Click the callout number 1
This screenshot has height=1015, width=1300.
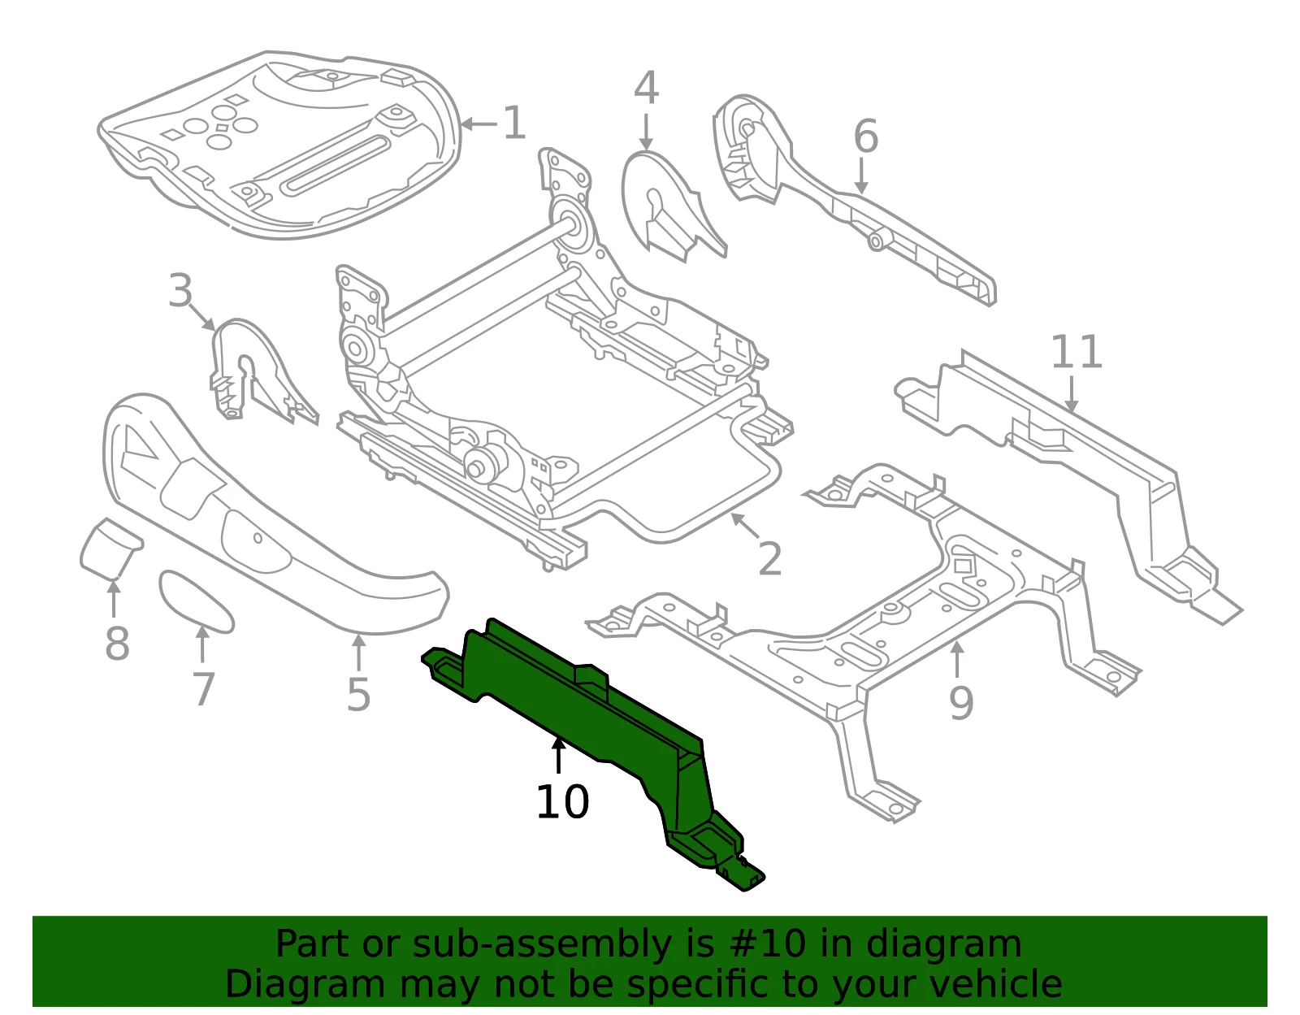point(514,124)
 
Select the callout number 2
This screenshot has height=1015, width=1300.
point(769,559)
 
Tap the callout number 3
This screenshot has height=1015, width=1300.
point(180,290)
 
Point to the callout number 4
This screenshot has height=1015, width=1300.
point(646,87)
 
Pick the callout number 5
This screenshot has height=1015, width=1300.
point(358,695)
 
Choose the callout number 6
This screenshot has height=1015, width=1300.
point(865,136)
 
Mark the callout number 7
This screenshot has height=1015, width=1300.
point(203,689)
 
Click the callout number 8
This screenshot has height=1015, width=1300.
point(117,644)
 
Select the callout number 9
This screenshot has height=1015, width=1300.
point(961,704)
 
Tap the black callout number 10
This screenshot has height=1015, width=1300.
point(562,802)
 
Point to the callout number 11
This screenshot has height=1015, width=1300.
point(1076,352)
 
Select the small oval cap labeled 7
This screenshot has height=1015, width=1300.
point(196,602)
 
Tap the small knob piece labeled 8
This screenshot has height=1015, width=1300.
point(110,549)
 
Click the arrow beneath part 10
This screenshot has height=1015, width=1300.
point(558,756)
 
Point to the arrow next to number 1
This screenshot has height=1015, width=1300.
point(479,124)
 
